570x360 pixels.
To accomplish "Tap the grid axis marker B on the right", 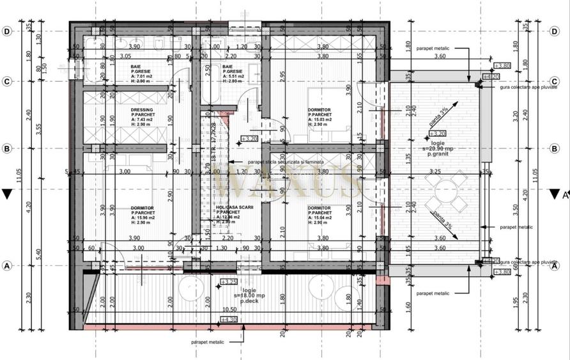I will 554,149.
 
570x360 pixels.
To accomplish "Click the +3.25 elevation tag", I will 228,281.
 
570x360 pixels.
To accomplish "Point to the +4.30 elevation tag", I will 228,319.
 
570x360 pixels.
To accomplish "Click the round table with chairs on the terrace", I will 447,196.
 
